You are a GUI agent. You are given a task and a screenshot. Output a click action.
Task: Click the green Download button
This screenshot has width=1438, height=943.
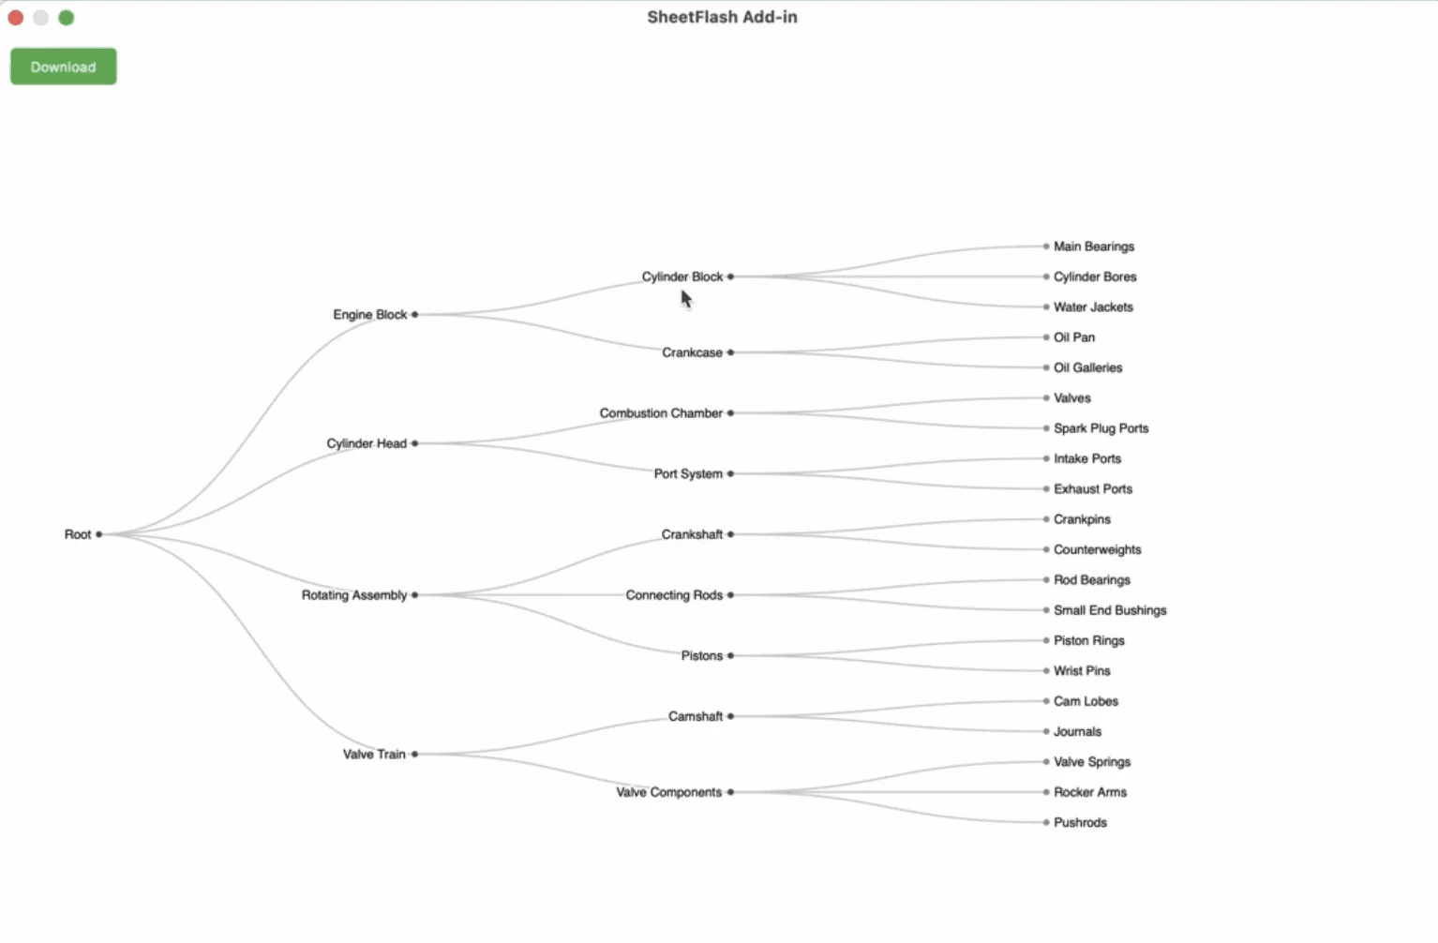pyautogui.click(x=63, y=67)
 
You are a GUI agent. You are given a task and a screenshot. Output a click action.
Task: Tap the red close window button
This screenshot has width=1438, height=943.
pyautogui.click(x=16, y=18)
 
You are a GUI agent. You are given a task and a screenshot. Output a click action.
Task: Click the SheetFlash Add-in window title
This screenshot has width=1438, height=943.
pyautogui.click(x=722, y=17)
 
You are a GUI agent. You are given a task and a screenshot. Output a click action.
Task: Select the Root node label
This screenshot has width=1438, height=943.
pyautogui.click(x=77, y=534)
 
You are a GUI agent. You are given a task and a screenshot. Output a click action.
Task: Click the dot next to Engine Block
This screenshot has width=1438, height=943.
pyautogui.click(x=414, y=315)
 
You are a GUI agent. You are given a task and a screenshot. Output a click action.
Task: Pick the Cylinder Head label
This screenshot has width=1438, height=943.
pyautogui.click(x=366, y=443)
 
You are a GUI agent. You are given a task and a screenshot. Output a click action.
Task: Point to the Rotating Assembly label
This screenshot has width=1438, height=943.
pyautogui.click(x=353, y=595)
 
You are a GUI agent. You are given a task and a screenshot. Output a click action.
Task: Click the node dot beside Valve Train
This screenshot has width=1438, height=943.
pyautogui.click(x=414, y=754)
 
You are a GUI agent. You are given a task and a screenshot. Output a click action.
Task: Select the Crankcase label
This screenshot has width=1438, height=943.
pyautogui.click(x=692, y=352)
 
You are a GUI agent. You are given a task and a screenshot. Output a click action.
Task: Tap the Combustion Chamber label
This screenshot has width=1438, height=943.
pyautogui.click(x=661, y=413)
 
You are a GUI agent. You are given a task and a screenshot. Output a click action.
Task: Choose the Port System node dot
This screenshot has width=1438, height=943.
pyautogui.click(x=730, y=474)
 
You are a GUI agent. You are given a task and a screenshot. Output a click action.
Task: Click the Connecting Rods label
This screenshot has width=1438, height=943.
pyautogui.click(x=674, y=595)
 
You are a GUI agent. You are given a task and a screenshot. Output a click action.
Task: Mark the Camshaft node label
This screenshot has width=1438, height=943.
pyautogui.click(x=695, y=716)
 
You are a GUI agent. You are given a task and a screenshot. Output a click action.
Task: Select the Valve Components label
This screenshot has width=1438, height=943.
pyautogui.click(x=668, y=792)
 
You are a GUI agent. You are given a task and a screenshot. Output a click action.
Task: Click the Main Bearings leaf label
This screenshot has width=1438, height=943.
pyautogui.click(x=1093, y=247)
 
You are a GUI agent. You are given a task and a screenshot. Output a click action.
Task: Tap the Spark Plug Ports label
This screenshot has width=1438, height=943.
pyautogui.click(x=1101, y=428)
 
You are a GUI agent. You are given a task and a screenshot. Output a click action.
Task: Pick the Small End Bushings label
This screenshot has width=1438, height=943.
pyautogui.click(x=1109, y=610)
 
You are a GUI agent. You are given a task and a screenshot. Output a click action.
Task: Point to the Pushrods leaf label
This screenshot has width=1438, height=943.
pyautogui.click(x=1080, y=822)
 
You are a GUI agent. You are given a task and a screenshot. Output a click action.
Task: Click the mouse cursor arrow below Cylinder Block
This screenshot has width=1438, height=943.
pyautogui.click(x=686, y=299)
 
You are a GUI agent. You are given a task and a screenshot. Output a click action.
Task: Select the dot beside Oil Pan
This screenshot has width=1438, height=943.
pyautogui.click(x=1046, y=337)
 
